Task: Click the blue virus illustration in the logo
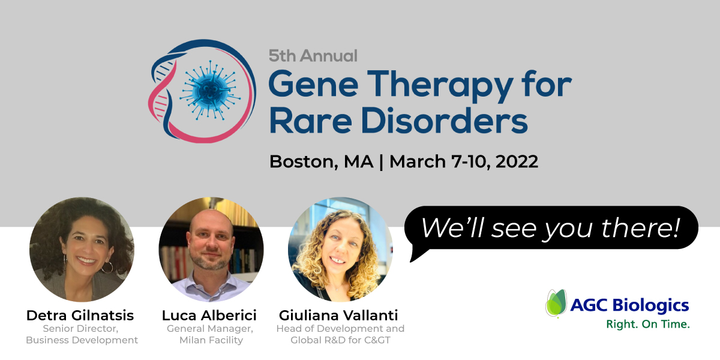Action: coord(210,91)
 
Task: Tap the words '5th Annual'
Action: coord(313,56)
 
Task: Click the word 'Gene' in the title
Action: coord(313,84)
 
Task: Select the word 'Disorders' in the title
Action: coord(444,121)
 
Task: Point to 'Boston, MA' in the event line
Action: coord(322,161)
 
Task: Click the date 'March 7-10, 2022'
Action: coord(464,161)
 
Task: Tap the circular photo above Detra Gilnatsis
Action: coord(82,250)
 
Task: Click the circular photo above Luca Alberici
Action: coord(211,250)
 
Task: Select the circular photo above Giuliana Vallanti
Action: coord(340,250)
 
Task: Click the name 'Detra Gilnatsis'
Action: coord(80,316)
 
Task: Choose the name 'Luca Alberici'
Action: coord(209,316)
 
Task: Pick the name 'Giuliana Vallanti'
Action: coord(338,316)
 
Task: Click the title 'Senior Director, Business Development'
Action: coord(82,334)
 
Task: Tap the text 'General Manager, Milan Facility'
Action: coord(210,334)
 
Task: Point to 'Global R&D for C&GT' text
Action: coord(340,340)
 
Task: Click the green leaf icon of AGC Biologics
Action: coord(556,303)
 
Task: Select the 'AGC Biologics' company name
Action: coord(629,305)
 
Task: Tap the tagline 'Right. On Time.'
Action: coord(648,324)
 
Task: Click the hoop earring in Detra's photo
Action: coord(107,267)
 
